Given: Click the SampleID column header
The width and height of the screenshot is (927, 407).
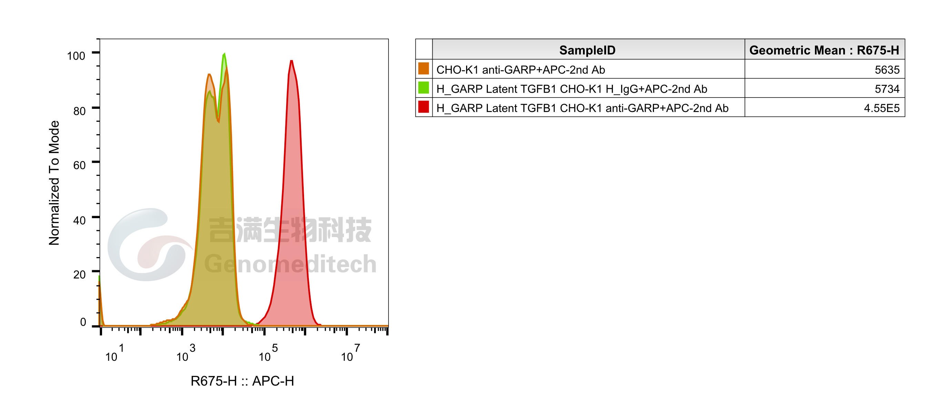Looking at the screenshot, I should (587, 50).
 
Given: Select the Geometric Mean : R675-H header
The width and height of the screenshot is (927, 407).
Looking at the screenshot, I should (824, 50).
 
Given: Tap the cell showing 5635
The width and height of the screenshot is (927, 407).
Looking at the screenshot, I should (887, 70).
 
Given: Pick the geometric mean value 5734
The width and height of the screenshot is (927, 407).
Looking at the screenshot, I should (887, 89).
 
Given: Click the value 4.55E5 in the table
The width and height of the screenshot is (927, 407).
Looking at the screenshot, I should (881, 108).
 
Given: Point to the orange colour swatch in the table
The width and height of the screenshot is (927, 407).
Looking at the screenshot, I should (424, 69).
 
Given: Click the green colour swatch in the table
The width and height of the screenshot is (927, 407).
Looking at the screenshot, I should (424, 88).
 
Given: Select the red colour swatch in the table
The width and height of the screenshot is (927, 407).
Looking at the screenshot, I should (424, 107).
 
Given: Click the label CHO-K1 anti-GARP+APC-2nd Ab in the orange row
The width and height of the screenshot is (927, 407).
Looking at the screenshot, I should (520, 70).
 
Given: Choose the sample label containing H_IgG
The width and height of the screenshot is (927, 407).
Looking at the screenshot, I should (572, 89).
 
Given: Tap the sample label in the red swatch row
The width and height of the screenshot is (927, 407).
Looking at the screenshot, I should (582, 108).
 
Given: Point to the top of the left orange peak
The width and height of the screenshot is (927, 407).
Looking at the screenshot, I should (209, 75).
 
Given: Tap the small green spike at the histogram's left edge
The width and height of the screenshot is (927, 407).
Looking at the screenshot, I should (99, 279).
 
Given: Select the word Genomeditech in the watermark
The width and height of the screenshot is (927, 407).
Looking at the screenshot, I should (290, 264).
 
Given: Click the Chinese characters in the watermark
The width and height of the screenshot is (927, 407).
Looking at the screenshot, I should (290, 230).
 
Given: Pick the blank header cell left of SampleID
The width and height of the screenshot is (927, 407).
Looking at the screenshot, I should (424, 50).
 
